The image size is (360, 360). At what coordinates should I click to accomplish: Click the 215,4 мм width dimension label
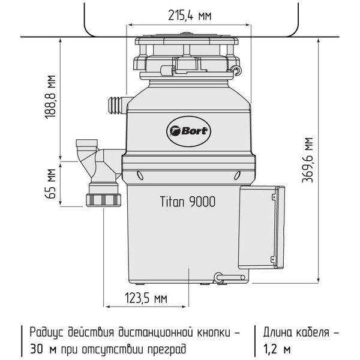coord(189,16)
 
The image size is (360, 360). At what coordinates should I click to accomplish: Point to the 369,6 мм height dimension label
coord(308,160)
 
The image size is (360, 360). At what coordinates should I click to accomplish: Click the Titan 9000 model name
coord(188,202)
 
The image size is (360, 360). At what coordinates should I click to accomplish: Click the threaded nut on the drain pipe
coord(103,199)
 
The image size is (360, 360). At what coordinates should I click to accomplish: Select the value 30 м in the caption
coord(37,348)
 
